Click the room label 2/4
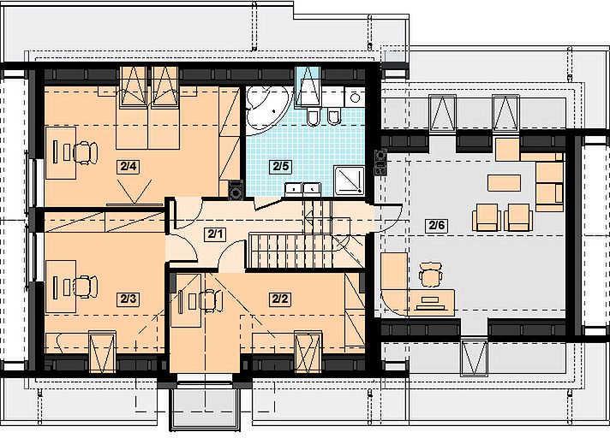click(129, 167)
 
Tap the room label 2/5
click(281, 167)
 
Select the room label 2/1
click(215, 234)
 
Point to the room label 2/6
click(436, 225)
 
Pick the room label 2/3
click(129, 299)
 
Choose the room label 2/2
click(280, 299)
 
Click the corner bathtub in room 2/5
click(267, 108)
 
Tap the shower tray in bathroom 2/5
click(349, 181)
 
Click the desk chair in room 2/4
click(86, 152)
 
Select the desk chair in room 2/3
click(86, 287)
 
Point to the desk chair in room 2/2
click(212, 300)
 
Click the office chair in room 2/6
click(430, 275)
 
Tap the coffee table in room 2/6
click(504, 183)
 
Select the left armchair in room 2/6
click(487, 217)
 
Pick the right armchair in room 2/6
click(518, 217)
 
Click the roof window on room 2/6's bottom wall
click(475, 358)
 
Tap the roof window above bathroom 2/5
click(308, 86)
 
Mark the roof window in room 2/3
click(102, 352)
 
